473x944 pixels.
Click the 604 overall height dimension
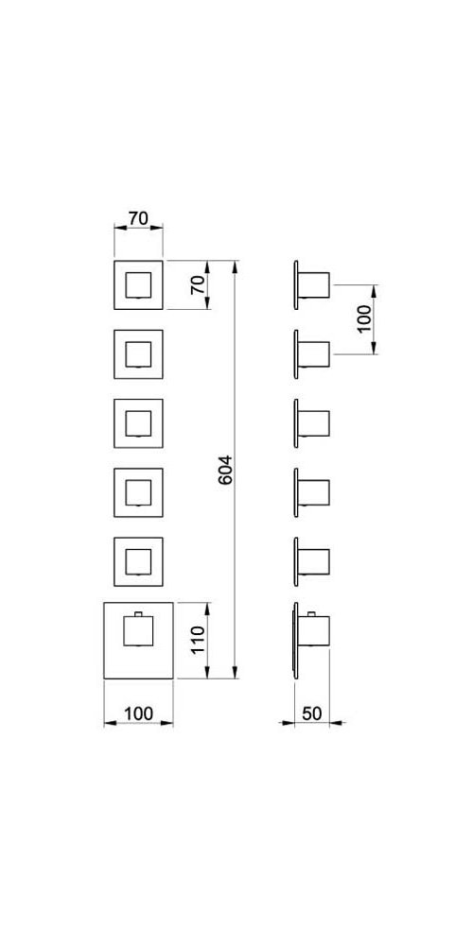pyautogui.click(x=225, y=470)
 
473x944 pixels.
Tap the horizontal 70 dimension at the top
pyautogui.click(x=138, y=218)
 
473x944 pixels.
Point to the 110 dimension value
pyautogui.click(x=199, y=641)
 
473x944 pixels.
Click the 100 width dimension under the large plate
pyautogui.click(x=138, y=714)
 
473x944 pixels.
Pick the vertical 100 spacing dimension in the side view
pyautogui.click(x=364, y=319)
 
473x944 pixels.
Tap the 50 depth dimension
pyautogui.click(x=311, y=714)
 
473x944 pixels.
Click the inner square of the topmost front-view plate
pyautogui.click(x=138, y=284)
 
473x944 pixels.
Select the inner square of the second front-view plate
pyautogui.click(x=138, y=354)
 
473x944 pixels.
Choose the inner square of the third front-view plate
pyautogui.click(x=138, y=423)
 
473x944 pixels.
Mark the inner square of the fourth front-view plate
pyautogui.click(x=138, y=492)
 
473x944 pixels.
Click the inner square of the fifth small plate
pyautogui.click(x=138, y=561)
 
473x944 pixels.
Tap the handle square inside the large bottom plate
pyautogui.click(x=138, y=630)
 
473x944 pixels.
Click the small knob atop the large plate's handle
pyautogui.click(x=138, y=613)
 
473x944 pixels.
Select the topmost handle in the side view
pyautogui.click(x=313, y=284)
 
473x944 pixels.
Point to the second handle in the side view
pyautogui.click(x=313, y=354)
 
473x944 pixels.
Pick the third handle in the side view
pyautogui.click(x=313, y=423)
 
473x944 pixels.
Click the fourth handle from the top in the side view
pyautogui.click(x=313, y=492)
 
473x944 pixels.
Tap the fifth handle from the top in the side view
pyautogui.click(x=313, y=561)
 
